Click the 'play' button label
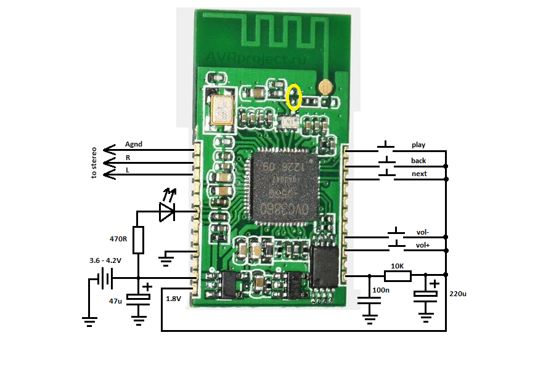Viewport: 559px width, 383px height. pyautogui.click(x=418, y=145)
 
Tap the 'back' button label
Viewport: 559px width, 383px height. pyautogui.click(x=419, y=161)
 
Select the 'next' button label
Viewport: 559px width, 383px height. pyautogui.click(x=419, y=174)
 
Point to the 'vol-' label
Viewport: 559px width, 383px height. pyautogui.click(x=422, y=232)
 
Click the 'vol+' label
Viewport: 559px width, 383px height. pyautogui.click(x=423, y=245)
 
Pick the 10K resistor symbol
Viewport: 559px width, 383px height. pyautogui.click(x=397, y=275)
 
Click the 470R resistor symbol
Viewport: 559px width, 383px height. pyautogui.click(x=138, y=240)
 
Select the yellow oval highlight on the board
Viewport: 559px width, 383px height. pyautogui.click(x=294, y=97)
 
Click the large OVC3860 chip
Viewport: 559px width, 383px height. pyautogui.click(x=280, y=184)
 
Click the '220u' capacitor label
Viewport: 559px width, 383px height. pyautogui.click(x=458, y=294)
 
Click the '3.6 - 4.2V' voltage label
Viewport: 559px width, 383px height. pyautogui.click(x=105, y=260)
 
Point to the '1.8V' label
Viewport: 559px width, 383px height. pyautogui.click(x=173, y=299)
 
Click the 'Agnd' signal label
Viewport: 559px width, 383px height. pyautogui.click(x=133, y=144)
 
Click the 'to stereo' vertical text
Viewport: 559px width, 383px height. pyautogui.click(x=94, y=162)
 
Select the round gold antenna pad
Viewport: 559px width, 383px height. pyautogui.click(x=326, y=86)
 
